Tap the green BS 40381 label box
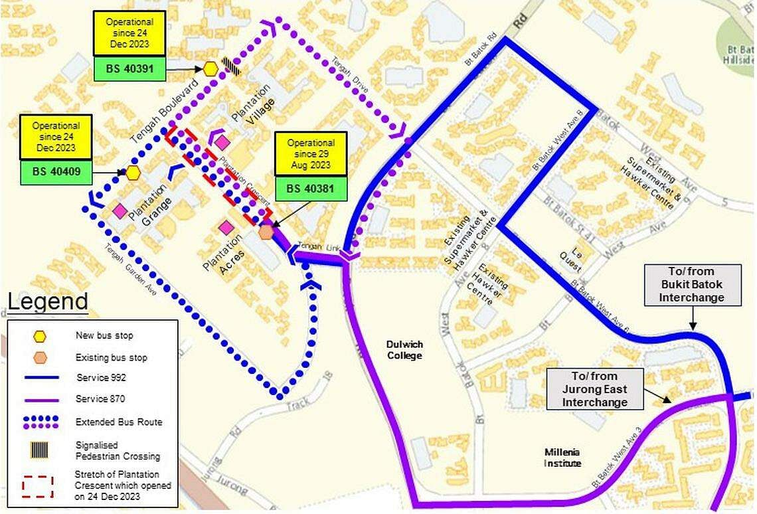click(311, 189)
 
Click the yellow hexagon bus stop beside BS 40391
click(210, 68)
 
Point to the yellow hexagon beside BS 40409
click(133, 173)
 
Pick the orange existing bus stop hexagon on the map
click(266, 232)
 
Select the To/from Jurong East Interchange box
click(595, 389)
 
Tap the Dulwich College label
click(404, 350)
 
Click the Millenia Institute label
click(563, 458)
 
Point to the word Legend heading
click(48, 302)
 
